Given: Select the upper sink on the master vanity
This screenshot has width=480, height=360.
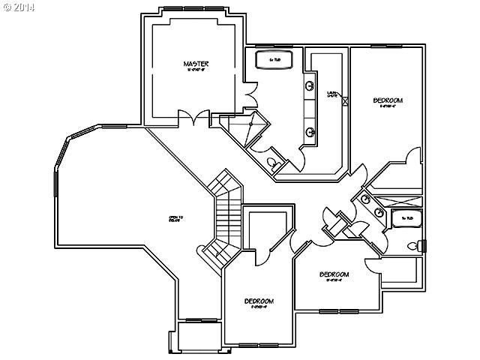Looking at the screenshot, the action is (x=309, y=85).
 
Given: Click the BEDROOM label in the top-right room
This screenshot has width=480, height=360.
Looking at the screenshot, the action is (x=388, y=100).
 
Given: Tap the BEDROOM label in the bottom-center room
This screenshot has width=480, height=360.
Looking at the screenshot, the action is (x=259, y=301).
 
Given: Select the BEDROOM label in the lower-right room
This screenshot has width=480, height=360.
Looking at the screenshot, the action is (x=334, y=274).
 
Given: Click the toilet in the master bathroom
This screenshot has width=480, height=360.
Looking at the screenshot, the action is (x=272, y=163).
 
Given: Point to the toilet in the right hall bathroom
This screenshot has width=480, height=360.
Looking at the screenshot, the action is (x=412, y=246).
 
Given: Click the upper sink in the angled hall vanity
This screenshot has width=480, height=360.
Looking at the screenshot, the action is (x=364, y=199).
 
